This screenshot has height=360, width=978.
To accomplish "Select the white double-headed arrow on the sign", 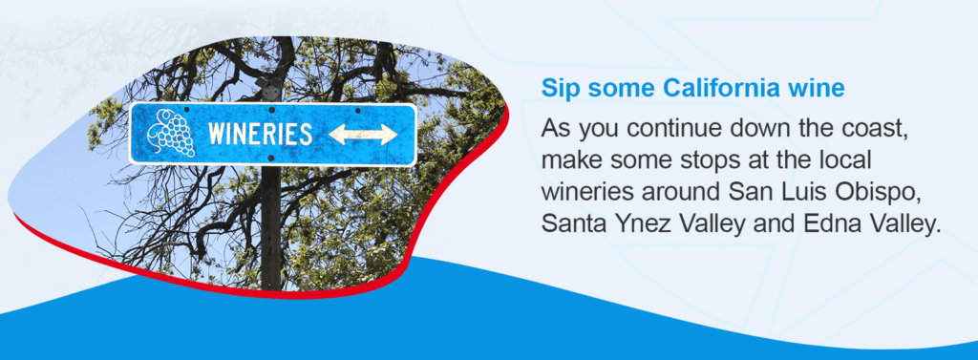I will tap(362, 135).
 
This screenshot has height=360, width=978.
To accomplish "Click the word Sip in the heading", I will tap(559, 89).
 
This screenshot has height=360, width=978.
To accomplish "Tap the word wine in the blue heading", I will tap(821, 89).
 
